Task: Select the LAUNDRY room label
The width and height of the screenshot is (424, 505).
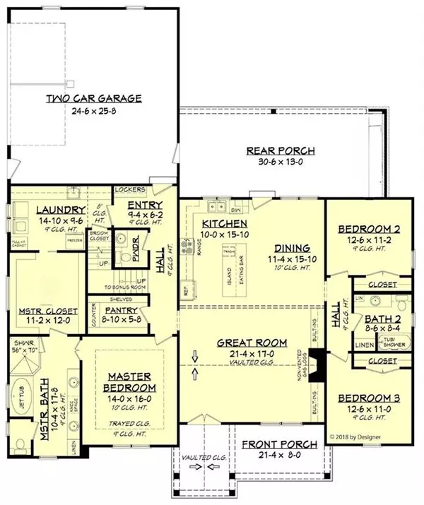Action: click(x=41, y=209)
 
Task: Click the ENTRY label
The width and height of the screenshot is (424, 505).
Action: click(x=146, y=203)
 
